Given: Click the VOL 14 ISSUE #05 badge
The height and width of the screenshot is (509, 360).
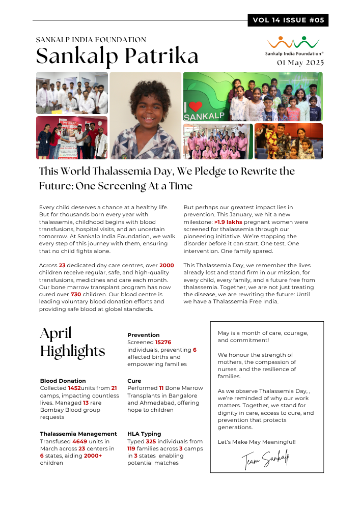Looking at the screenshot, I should coord(288,20).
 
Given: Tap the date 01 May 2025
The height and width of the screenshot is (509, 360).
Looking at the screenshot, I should coord(300,63).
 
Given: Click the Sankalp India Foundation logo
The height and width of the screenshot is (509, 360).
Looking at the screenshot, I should coord(294,45).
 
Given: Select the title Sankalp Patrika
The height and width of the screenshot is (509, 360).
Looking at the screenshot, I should coord(118,55).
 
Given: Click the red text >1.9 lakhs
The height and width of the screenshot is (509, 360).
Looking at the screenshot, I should coord(228,222).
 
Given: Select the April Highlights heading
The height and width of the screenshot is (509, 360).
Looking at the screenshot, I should coord(72,342).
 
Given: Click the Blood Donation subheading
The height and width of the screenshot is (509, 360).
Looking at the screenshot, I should coord(63,381).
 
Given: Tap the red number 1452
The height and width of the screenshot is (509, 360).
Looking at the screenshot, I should coord(75,388).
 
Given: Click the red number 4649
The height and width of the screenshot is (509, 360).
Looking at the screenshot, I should coord(80,441).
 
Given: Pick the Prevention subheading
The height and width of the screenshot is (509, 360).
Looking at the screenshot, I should coord(143,335).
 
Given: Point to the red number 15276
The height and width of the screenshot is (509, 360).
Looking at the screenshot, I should coord(163,343).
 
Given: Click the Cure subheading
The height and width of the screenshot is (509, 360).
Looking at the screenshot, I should coord(134,381).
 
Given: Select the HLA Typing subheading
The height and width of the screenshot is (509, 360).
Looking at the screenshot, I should coord(144,434).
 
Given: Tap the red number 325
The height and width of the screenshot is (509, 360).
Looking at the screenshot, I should coord(152,441).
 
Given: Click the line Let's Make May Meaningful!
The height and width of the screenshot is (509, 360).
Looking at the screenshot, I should coord(256,442).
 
